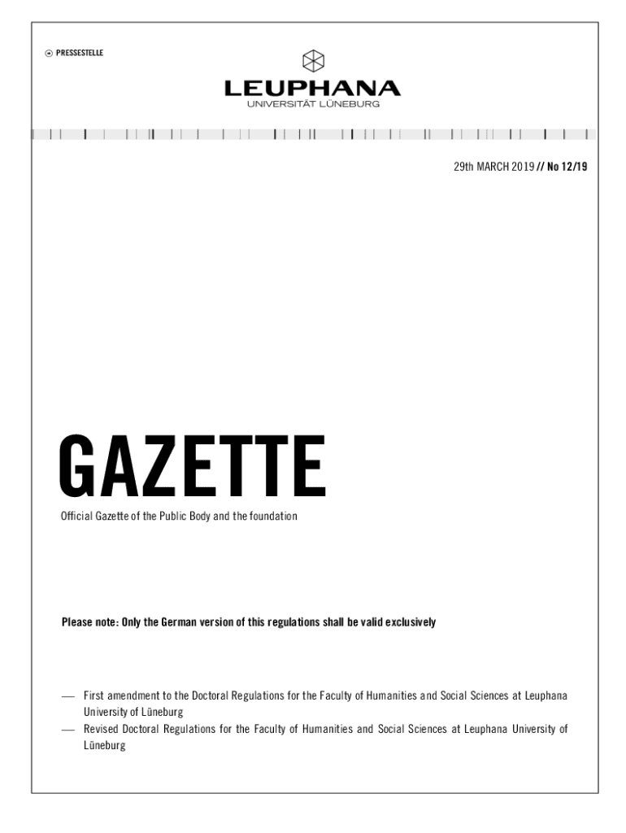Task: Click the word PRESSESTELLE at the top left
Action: tap(80, 54)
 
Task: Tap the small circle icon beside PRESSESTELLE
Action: tap(50, 54)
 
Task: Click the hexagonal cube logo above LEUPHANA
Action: tap(313, 61)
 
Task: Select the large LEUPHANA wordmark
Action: tap(313, 88)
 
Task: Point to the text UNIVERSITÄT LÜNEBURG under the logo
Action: tap(313, 104)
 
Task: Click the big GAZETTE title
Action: tap(193, 468)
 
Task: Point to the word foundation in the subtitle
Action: tap(272, 517)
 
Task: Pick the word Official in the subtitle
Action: tap(79, 517)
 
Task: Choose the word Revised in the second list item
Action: tap(102, 729)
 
